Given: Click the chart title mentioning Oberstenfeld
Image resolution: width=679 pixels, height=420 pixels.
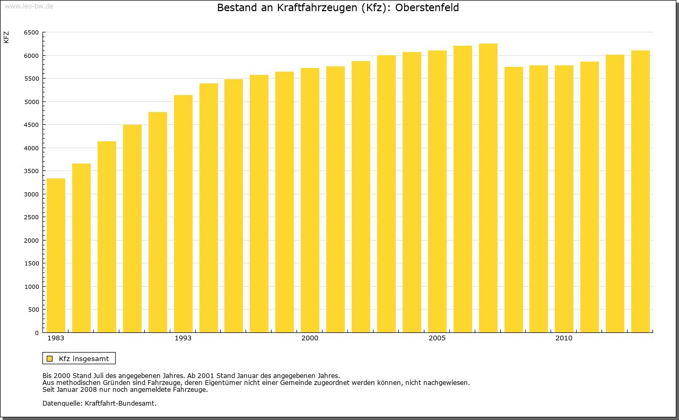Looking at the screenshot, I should point(338,8).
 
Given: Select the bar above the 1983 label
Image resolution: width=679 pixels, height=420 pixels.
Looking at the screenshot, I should point(56,255).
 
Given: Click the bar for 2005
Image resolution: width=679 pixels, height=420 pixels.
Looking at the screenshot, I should point(437,191).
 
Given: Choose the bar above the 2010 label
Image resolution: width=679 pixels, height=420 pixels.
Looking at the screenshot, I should point(564,199).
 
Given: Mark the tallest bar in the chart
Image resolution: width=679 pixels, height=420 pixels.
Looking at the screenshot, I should point(488,188).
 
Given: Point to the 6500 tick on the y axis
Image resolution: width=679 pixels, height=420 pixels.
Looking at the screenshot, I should point(31,32).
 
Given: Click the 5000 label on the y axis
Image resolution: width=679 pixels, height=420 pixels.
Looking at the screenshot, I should point(31,102).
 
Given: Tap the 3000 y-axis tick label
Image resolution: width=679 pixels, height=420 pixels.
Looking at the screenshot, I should point(31,194).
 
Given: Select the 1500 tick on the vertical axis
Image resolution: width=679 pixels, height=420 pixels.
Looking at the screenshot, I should point(31,263).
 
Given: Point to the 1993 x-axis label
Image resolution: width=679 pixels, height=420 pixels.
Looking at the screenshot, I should point(183,338).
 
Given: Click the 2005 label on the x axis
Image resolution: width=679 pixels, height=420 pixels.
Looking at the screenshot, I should point(437,338).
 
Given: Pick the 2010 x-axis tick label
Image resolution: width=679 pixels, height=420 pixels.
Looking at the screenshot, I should point(564,338).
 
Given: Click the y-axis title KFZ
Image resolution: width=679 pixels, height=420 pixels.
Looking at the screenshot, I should point(6,37).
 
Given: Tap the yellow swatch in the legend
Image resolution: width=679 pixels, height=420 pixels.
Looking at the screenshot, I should point(49,358).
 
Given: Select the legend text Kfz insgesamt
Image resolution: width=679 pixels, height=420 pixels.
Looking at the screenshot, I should point(84,358).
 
